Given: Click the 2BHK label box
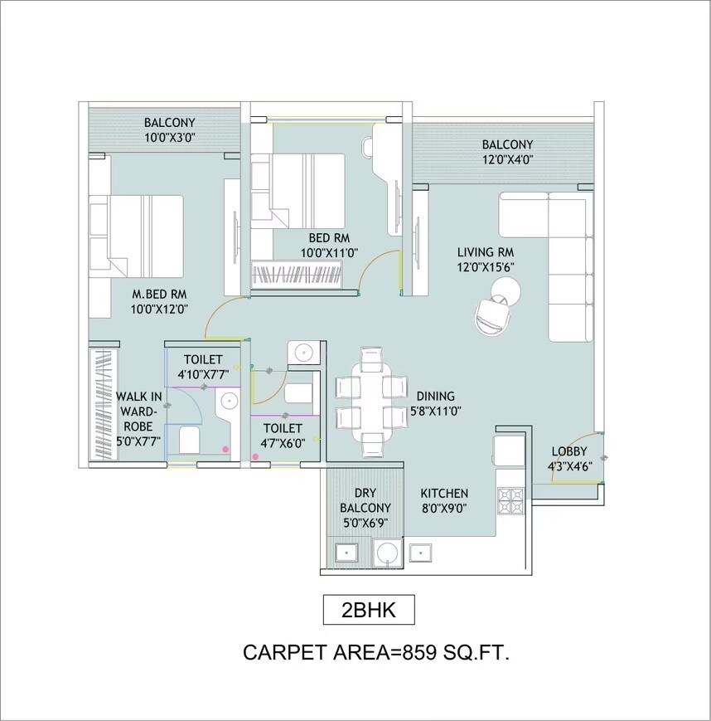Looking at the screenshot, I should tap(368, 611).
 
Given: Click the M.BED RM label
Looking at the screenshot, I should tap(159, 294).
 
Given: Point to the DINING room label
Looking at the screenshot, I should tap(435, 397).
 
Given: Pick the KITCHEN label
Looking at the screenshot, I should tap(443, 493).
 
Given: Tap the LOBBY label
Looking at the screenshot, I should tap(569, 451).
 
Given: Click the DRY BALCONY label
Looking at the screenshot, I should tap(365, 500).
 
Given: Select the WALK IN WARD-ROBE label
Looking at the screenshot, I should tap(138, 410).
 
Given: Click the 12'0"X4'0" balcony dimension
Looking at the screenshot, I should tap(507, 158).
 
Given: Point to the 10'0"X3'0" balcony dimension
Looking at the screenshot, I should tap(169, 138).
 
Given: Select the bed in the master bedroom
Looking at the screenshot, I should tap(137, 236).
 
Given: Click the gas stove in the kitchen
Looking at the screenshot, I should tap(508, 499).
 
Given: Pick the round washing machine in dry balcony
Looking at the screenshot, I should tap(386, 552).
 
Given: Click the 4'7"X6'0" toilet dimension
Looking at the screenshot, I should tap(283, 443).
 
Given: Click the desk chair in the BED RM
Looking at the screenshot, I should tap(368, 147).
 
